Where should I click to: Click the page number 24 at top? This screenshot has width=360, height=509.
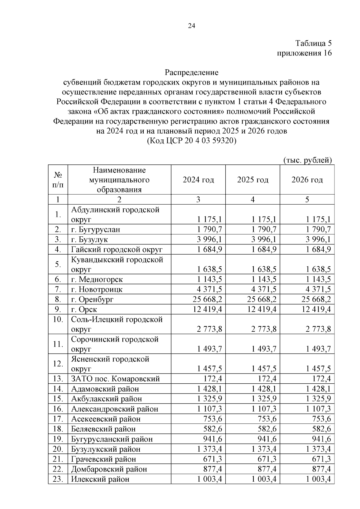pos(191,26)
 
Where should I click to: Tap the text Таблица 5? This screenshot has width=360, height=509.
pos(313,43)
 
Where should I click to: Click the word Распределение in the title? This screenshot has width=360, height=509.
pos(191,73)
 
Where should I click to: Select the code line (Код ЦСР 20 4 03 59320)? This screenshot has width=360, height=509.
pos(191,141)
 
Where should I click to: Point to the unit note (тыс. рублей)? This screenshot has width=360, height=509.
pos(307,160)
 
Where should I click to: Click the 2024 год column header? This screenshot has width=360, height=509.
pos(198,180)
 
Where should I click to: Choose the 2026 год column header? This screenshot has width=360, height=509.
pos(307,180)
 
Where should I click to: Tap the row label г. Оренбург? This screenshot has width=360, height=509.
pos(92,299)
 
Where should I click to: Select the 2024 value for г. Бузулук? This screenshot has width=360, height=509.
pos(209,239)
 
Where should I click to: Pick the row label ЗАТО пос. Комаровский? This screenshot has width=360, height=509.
pos(115,379)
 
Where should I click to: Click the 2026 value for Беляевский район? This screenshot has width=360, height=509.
pos(322,429)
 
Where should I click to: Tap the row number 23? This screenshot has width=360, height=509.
pos(57,479)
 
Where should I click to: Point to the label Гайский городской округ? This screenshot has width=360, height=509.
pos(116,249)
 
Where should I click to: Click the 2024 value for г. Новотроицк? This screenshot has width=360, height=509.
pos(209,289)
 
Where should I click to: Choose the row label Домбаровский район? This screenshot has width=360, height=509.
pos(109,469)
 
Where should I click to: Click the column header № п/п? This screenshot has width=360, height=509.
pos(58,180)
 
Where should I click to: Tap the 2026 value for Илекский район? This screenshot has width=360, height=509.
pos(318,479)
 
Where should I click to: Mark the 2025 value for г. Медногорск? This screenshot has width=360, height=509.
pos(264,280)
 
